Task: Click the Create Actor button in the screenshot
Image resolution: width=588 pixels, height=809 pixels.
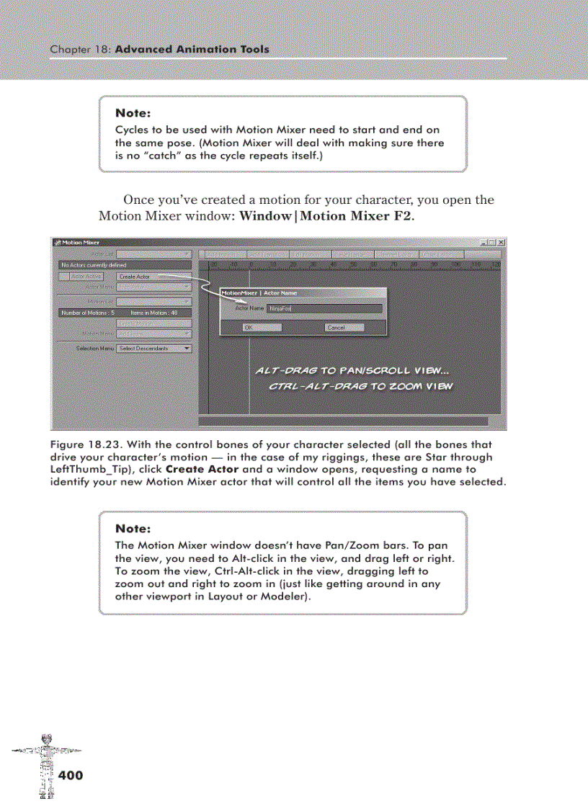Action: (x=134, y=276)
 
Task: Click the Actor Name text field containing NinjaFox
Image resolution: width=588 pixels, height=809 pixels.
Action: (x=324, y=308)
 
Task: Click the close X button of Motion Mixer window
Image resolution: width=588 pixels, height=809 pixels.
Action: (x=501, y=242)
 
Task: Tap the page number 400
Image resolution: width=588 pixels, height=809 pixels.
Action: (x=71, y=775)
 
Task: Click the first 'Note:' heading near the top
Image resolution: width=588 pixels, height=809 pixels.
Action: (x=133, y=113)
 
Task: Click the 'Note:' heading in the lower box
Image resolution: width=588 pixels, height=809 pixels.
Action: (x=133, y=529)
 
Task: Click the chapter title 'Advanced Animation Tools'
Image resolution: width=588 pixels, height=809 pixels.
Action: (x=192, y=50)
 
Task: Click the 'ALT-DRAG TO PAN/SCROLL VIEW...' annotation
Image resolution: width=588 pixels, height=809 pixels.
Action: (x=352, y=371)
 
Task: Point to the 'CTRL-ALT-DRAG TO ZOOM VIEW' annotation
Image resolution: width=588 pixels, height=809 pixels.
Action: (x=360, y=386)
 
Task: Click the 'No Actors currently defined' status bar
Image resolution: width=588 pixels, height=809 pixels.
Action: (x=124, y=265)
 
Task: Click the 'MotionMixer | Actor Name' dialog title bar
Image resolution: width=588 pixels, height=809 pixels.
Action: (x=303, y=293)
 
